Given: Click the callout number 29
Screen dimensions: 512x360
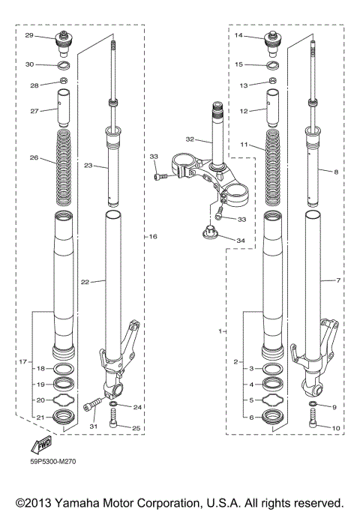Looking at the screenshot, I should point(29,35).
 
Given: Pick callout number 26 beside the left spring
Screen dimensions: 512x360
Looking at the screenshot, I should point(32,158).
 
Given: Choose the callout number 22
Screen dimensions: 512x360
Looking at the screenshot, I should point(85,282).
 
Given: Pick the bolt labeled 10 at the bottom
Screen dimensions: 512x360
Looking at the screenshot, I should point(312,427).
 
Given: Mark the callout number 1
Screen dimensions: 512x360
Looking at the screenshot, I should point(219,329).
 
